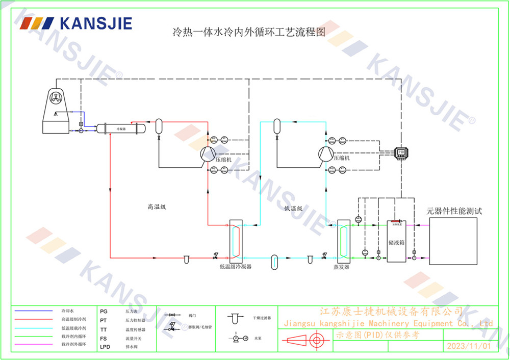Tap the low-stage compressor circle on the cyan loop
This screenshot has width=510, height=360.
click(x=325, y=154)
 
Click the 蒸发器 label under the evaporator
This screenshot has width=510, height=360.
click(x=341, y=267)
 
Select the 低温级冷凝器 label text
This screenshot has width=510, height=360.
click(x=235, y=267)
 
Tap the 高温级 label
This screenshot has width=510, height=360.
click(x=157, y=207)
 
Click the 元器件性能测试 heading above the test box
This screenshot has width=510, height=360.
click(x=454, y=211)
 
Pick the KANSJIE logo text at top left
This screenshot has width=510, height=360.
click(x=95, y=23)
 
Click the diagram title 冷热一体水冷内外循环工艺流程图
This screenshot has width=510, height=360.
click(x=249, y=33)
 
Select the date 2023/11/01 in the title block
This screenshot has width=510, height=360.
click(x=468, y=346)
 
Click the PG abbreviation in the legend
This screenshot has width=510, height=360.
click(x=104, y=311)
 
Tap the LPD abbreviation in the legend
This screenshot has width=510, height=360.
click(x=105, y=347)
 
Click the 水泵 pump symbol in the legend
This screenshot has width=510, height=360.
click(x=239, y=339)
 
